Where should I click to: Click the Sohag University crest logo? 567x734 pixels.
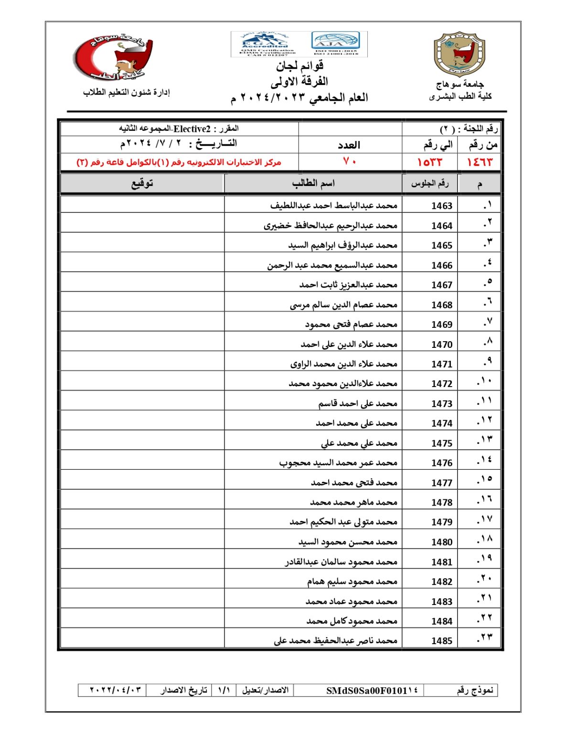click(459, 54)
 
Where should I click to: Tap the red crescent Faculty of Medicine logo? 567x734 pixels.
click(113, 57)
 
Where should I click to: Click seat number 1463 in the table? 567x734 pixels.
click(441, 206)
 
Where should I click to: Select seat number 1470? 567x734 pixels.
click(441, 345)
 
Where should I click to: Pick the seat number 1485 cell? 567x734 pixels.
click(441, 641)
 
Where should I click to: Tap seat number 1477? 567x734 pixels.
click(441, 483)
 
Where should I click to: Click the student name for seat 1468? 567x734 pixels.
click(343, 304)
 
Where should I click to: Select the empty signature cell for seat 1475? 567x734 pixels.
click(142, 443)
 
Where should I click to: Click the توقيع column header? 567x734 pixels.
click(142, 183)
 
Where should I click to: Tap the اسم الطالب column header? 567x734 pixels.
click(313, 183)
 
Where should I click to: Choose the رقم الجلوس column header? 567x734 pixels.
click(430, 183)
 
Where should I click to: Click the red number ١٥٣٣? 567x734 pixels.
click(429, 162)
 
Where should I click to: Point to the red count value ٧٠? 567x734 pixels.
click(350, 162)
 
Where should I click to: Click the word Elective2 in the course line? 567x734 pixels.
click(192, 129)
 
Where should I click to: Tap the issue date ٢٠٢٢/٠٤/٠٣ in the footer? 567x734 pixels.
click(116, 690)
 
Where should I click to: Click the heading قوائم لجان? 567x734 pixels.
click(300, 65)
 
